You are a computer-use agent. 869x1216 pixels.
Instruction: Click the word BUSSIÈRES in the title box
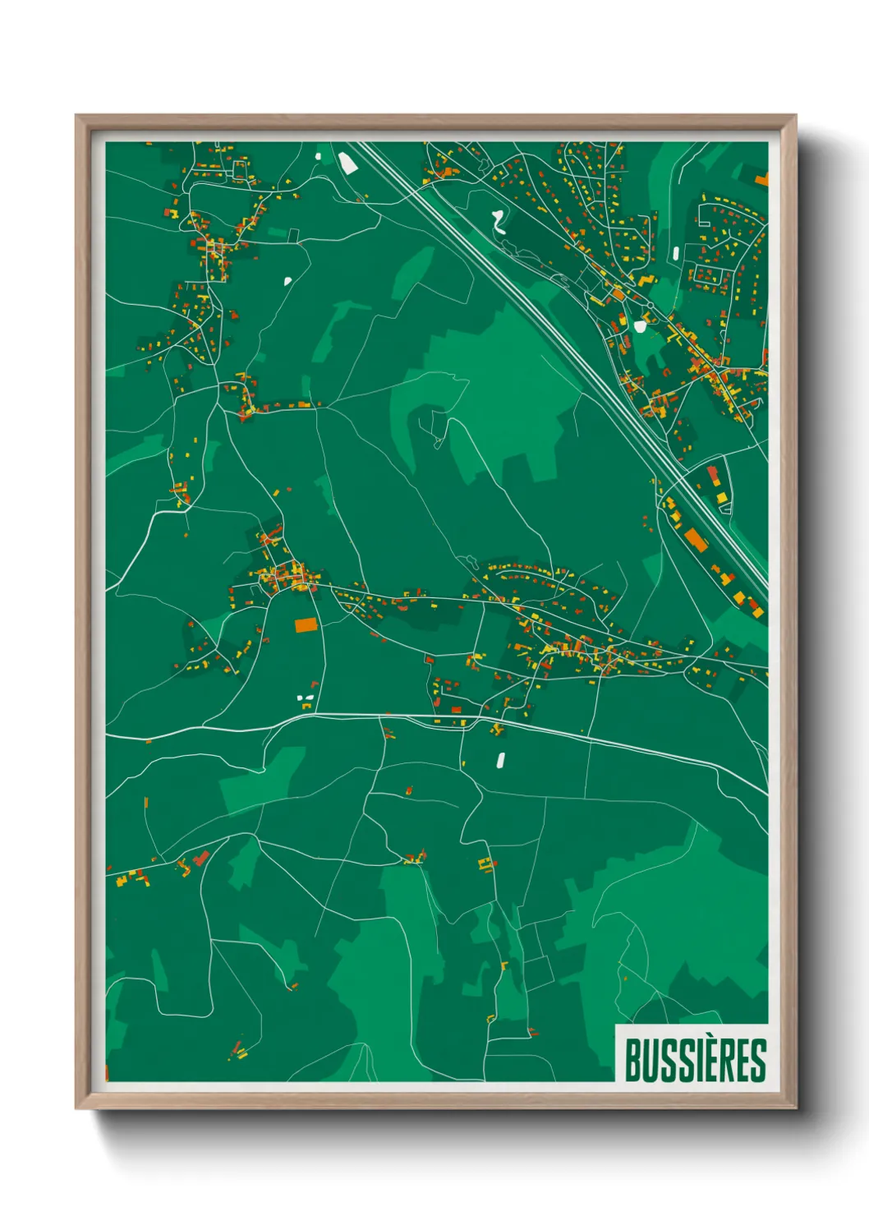(x=695, y=1060)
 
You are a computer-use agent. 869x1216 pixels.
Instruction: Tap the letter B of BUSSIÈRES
(x=633, y=1060)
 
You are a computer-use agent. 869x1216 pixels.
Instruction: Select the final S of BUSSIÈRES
(x=759, y=1060)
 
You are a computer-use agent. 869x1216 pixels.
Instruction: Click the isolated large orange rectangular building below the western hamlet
(x=306, y=625)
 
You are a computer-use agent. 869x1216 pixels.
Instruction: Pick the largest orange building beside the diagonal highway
(x=696, y=540)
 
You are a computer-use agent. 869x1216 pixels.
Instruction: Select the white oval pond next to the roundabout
(x=640, y=326)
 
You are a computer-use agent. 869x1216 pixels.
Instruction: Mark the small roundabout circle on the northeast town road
(x=650, y=306)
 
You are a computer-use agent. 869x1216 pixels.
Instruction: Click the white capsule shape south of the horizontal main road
(x=499, y=761)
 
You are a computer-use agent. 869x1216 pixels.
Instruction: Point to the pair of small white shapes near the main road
(x=305, y=701)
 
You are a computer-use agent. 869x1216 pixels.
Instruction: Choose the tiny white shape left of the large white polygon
(x=319, y=154)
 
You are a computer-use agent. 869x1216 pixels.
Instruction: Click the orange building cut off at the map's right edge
(x=762, y=179)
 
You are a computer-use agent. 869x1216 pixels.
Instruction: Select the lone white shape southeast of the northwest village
(x=288, y=281)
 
